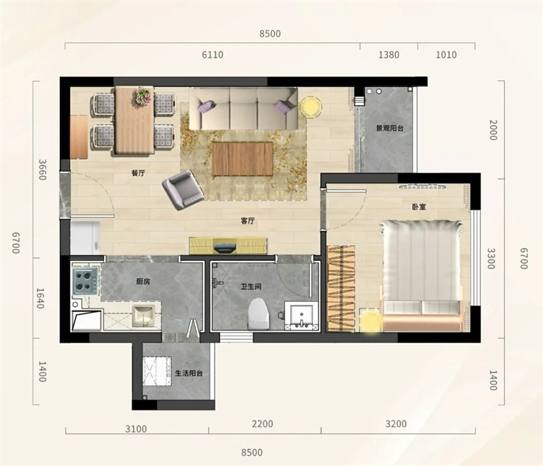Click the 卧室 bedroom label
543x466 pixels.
[x=419, y=207]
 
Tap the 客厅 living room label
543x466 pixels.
[x=248, y=221]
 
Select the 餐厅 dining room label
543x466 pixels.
[x=138, y=173]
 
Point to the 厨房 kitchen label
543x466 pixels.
[x=143, y=281]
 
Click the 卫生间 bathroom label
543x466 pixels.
[x=251, y=287]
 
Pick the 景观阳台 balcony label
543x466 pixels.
[x=390, y=128]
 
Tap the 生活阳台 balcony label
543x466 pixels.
[x=189, y=373]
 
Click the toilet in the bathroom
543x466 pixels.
[x=259, y=314]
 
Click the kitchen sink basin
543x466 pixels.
[x=143, y=316]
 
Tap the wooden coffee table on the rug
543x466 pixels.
[x=242, y=159]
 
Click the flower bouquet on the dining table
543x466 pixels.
[x=143, y=96]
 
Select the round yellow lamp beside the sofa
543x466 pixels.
[x=311, y=107]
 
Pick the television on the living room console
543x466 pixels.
[x=225, y=248]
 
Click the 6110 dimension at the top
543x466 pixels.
[x=212, y=55]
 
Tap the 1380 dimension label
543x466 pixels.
[x=388, y=55]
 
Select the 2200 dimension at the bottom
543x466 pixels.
[x=263, y=424]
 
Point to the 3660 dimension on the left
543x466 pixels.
[x=42, y=170]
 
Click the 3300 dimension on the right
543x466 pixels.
[x=491, y=258]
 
